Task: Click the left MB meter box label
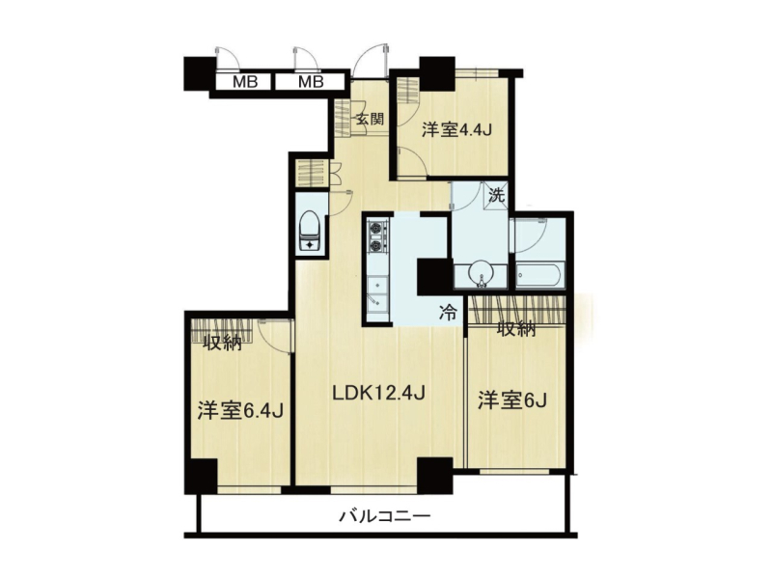coord(245,82)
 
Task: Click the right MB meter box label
coord(311,82)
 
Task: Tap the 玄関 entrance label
coord(370,119)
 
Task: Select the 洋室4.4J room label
coord(457,130)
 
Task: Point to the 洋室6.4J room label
coord(240,411)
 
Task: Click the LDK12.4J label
coord(378,393)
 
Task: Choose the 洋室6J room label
coord(513,400)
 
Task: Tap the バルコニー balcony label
coord(385,516)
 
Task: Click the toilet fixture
coord(310,231)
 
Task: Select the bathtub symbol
coord(538,276)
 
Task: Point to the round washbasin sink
coord(480,273)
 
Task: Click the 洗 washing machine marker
coord(496,196)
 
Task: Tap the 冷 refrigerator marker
coord(448,312)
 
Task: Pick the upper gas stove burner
coord(376,229)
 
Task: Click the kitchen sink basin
coord(377,292)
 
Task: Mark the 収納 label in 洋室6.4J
coord(223,343)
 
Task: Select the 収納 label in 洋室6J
coord(516,328)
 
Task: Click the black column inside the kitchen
coord(434,277)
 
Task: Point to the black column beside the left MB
coord(200,73)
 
